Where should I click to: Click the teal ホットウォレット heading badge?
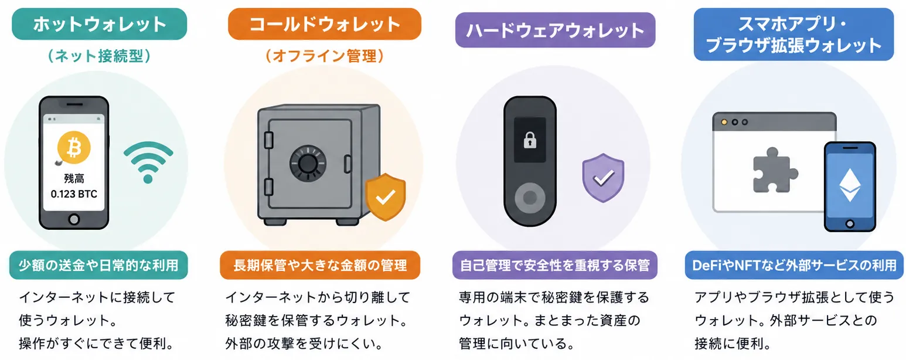(x=100, y=24)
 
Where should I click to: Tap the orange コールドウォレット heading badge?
(x=325, y=24)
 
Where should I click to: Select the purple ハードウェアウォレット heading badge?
(x=556, y=30)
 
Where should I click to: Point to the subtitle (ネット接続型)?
(x=99, y=56)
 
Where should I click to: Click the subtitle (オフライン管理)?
(x=325, y=56)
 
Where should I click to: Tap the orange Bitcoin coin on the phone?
(x=74, y=148)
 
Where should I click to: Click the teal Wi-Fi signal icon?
(x=148, y=162)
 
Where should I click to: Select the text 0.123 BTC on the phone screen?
(x=74, y=194)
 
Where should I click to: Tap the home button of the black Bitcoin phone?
(x=74, y=219)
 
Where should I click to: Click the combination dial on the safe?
(x=308, y=164)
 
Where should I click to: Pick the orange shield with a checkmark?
(x=386, y=197)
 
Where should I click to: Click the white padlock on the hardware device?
(x=530, y=140)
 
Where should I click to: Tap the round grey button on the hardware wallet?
(x=530, y=198)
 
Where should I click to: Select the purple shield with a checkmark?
(x=603, y=178)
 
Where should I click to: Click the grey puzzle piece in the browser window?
(x=774, y=170)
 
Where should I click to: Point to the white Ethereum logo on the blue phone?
(x=850, y=185)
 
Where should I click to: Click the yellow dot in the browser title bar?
(x=724, y=122)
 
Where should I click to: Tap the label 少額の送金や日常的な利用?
(x=98, y=266)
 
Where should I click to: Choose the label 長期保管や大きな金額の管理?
(x=320, y=266)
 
